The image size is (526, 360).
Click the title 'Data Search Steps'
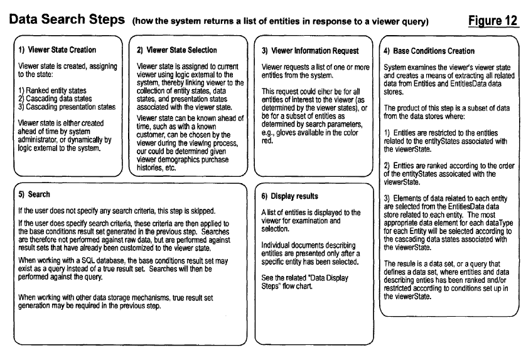65,20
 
